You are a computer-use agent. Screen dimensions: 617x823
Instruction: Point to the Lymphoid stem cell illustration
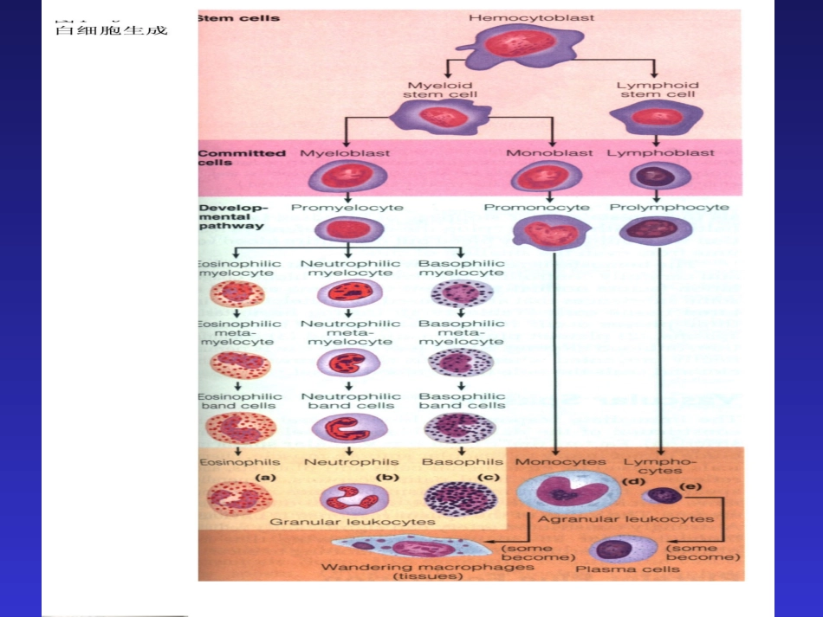(656, 116)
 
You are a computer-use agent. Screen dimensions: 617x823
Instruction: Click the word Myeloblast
(345, 153)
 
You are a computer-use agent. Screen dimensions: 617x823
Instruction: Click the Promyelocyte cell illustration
(347, 229)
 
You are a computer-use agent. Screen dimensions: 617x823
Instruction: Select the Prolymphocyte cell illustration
(657, 230)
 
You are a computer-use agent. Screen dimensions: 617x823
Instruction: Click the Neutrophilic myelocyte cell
(349, 293)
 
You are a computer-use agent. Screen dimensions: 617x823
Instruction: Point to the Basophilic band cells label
(461, 401)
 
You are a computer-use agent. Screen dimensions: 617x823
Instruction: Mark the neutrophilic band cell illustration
(349, 428)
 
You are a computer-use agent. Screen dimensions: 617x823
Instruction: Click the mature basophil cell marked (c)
(461, 498)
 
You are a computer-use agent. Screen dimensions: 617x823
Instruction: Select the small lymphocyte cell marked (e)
(662, 495)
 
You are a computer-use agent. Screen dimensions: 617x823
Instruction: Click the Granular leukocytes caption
(352, 522)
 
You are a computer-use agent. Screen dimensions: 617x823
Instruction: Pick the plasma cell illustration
(623, 549)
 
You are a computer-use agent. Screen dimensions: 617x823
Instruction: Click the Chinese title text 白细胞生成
(111, 29)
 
